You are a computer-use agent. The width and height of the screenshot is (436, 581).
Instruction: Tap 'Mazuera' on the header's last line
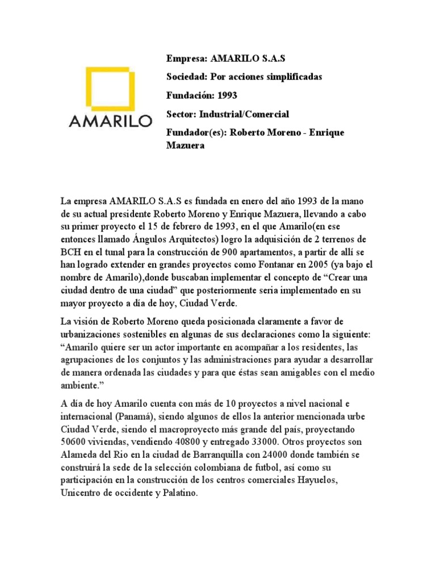pos(185,146)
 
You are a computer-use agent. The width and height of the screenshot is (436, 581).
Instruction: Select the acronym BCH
pos(72,252)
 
